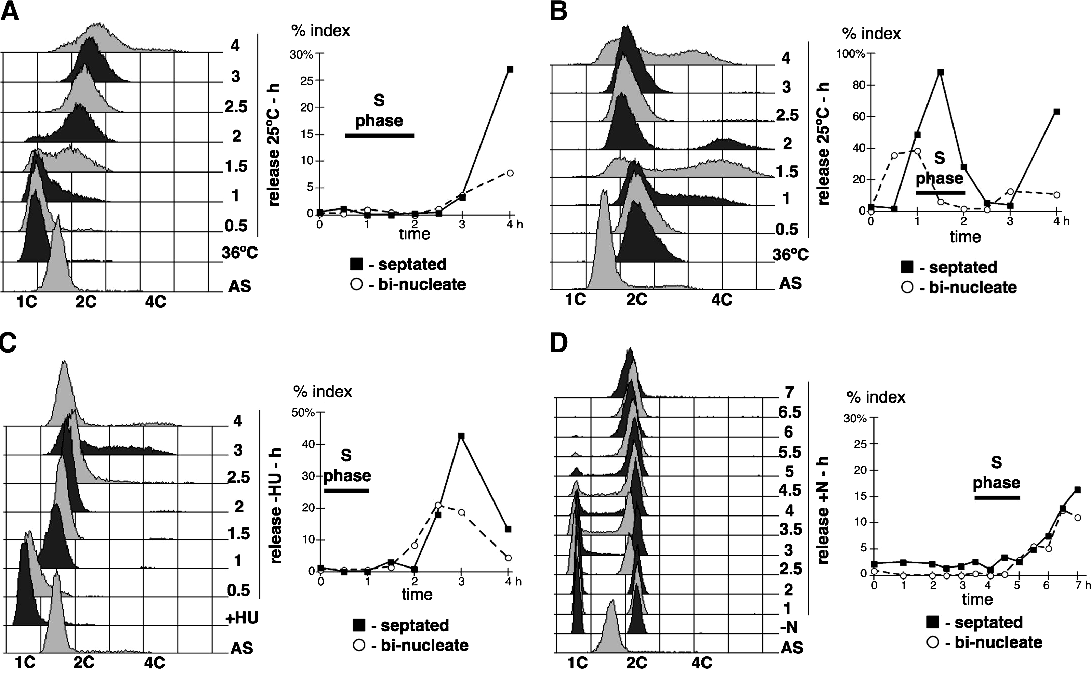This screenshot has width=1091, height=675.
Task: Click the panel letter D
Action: coord(559,343)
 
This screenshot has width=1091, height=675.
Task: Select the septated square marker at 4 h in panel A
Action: coord(510,69)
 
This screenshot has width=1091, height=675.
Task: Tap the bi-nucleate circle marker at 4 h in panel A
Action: coord(510,173)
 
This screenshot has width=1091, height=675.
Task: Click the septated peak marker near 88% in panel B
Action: coord(940,72)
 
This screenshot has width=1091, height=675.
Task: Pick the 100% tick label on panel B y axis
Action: coord(850,54)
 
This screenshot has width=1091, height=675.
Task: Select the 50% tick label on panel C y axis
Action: coord(303,412)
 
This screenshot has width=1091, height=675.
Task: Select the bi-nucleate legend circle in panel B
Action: coord(907,287)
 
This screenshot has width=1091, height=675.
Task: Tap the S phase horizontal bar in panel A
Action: coord(380,135)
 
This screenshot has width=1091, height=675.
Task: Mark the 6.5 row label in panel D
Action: coord(789,412)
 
